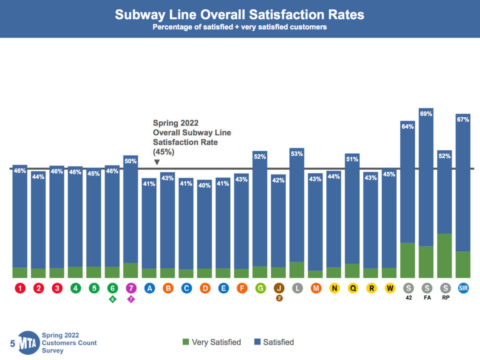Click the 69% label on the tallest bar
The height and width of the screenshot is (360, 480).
click(426, 114)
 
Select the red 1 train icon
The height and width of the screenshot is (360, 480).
click(20, 288)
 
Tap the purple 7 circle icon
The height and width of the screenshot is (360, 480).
click(131, 288)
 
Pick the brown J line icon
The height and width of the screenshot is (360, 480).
click(279, 288)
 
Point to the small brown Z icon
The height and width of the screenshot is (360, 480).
click(279, 298)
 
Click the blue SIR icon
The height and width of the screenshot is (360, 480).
click(463, 288)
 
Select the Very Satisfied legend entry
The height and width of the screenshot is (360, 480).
click(212, 342)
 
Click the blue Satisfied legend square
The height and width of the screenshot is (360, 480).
click(257, 342)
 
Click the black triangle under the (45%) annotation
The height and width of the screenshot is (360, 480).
click(157, 162)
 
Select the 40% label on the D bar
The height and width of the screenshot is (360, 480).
click(204, 185)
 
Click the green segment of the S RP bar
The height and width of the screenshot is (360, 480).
click(444, 256)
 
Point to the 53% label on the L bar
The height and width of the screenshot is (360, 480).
click(297, 153)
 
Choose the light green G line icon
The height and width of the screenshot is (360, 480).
click(260, 288)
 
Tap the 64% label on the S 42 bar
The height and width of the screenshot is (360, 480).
click(408, 126)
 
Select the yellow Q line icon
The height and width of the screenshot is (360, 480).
click(352, 288)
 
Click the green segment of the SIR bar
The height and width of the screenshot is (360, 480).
click(463, 264)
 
